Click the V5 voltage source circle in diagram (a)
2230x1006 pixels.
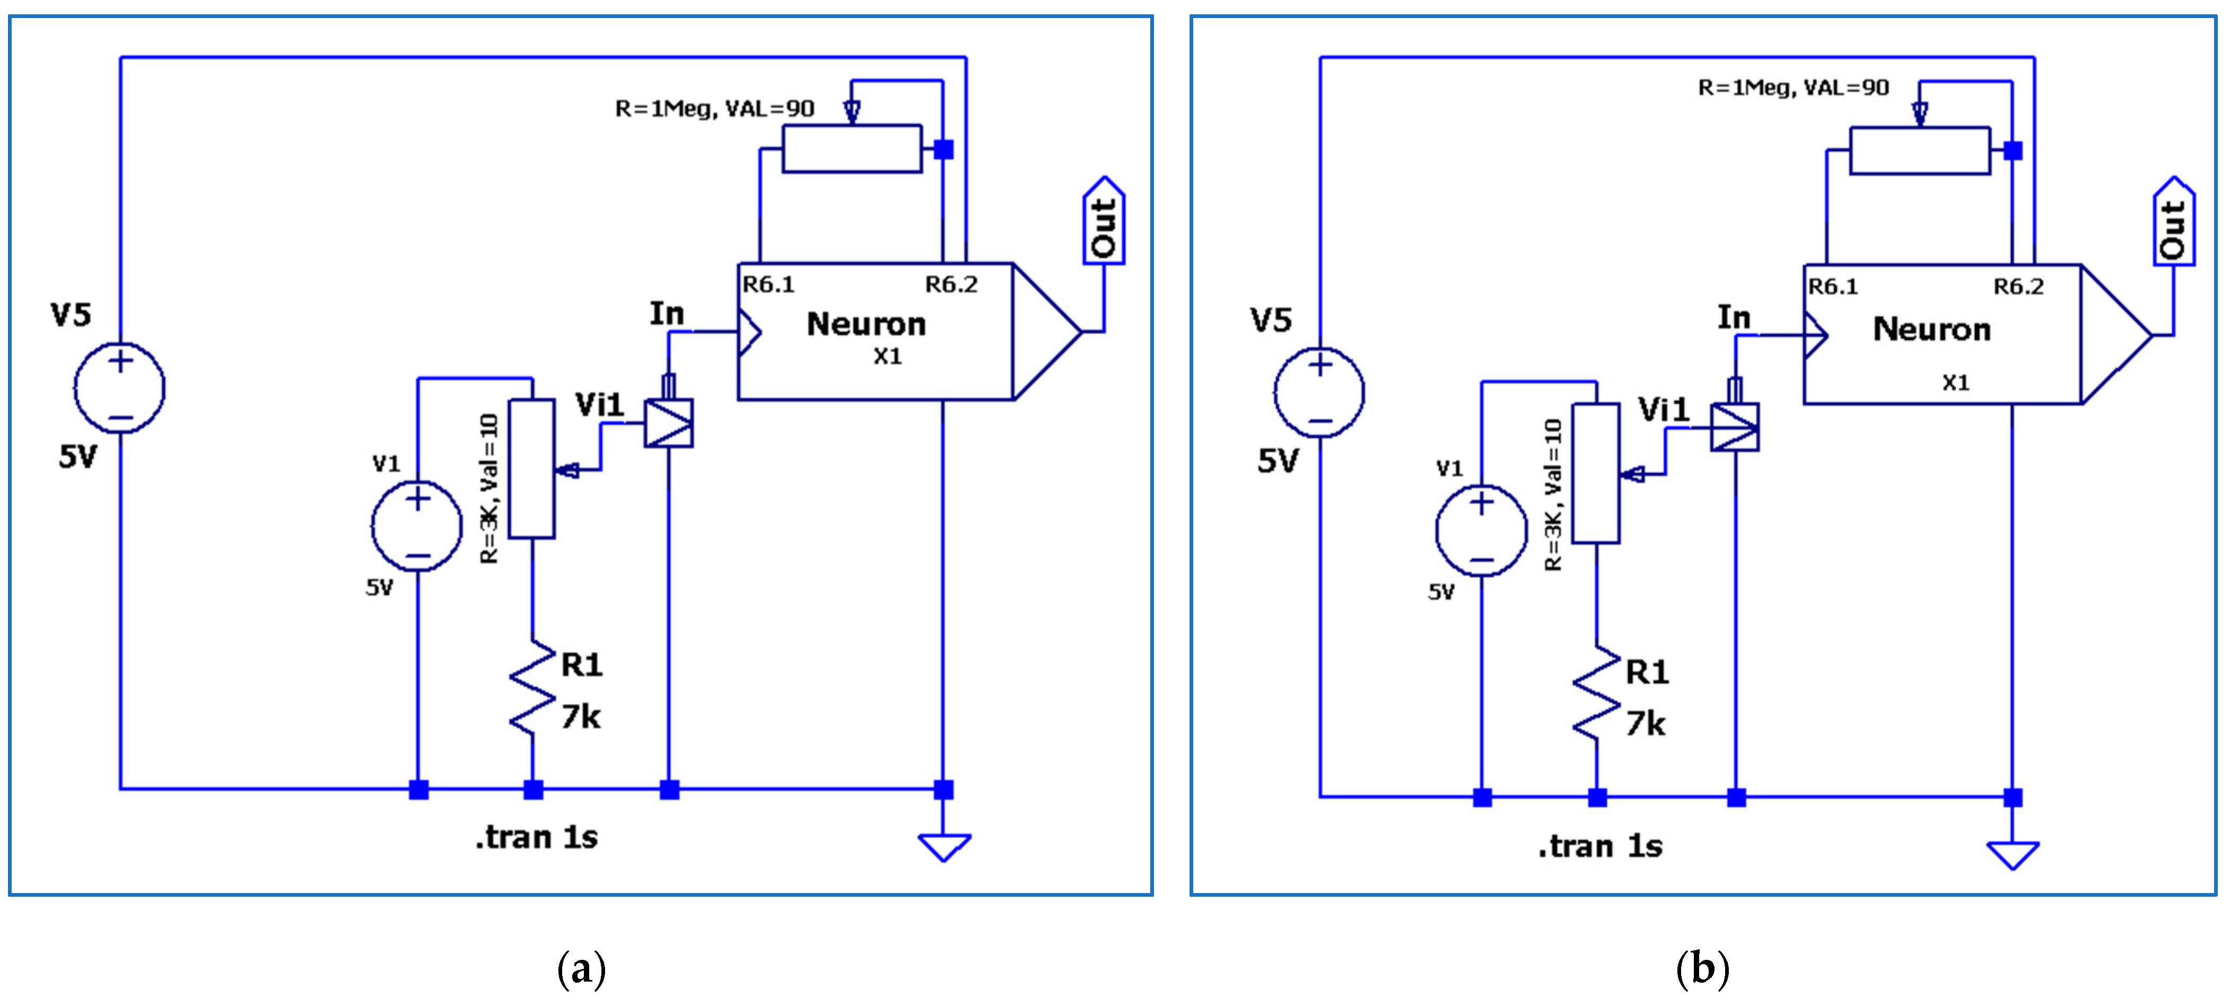(119, 387)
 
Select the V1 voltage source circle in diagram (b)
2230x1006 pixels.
(1481, 530)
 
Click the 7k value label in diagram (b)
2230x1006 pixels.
(1645, 724)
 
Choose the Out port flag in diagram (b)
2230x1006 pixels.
(2174, 223)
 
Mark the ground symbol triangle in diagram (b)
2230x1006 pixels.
(2013, 854)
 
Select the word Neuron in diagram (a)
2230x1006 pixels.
(865, 324)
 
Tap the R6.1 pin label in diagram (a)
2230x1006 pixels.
(768, 284)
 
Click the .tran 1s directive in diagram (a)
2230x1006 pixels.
(536, 837)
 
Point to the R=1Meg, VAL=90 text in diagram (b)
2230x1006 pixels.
(1793, 88)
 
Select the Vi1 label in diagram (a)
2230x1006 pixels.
(599, 404)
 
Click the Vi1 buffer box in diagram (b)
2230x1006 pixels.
(1734, 427)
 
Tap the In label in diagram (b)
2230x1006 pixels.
(1734, 317)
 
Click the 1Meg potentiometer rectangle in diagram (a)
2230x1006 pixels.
(852, 149)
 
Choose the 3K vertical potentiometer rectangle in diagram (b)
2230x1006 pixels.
(1595, 473)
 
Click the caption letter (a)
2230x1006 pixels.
(581, 968)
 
